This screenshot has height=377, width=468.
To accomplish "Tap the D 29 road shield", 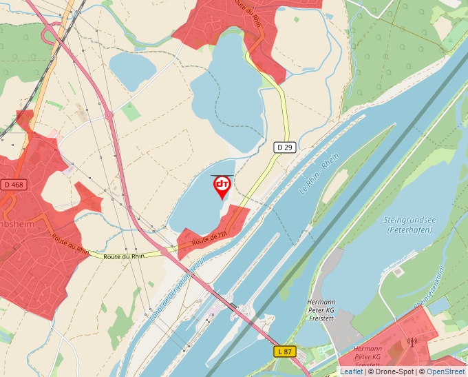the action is click(284, 147).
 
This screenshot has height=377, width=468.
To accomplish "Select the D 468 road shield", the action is click(13, 185).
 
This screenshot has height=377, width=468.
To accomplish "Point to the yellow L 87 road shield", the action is click(285, 351).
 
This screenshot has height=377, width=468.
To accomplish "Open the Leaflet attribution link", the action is click(351, 371).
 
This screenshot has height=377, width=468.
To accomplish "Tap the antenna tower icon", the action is click(412, 342).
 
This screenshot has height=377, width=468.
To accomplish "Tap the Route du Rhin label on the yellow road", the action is click(124, 256).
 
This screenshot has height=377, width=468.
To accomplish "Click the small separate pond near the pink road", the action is click(132, 68).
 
